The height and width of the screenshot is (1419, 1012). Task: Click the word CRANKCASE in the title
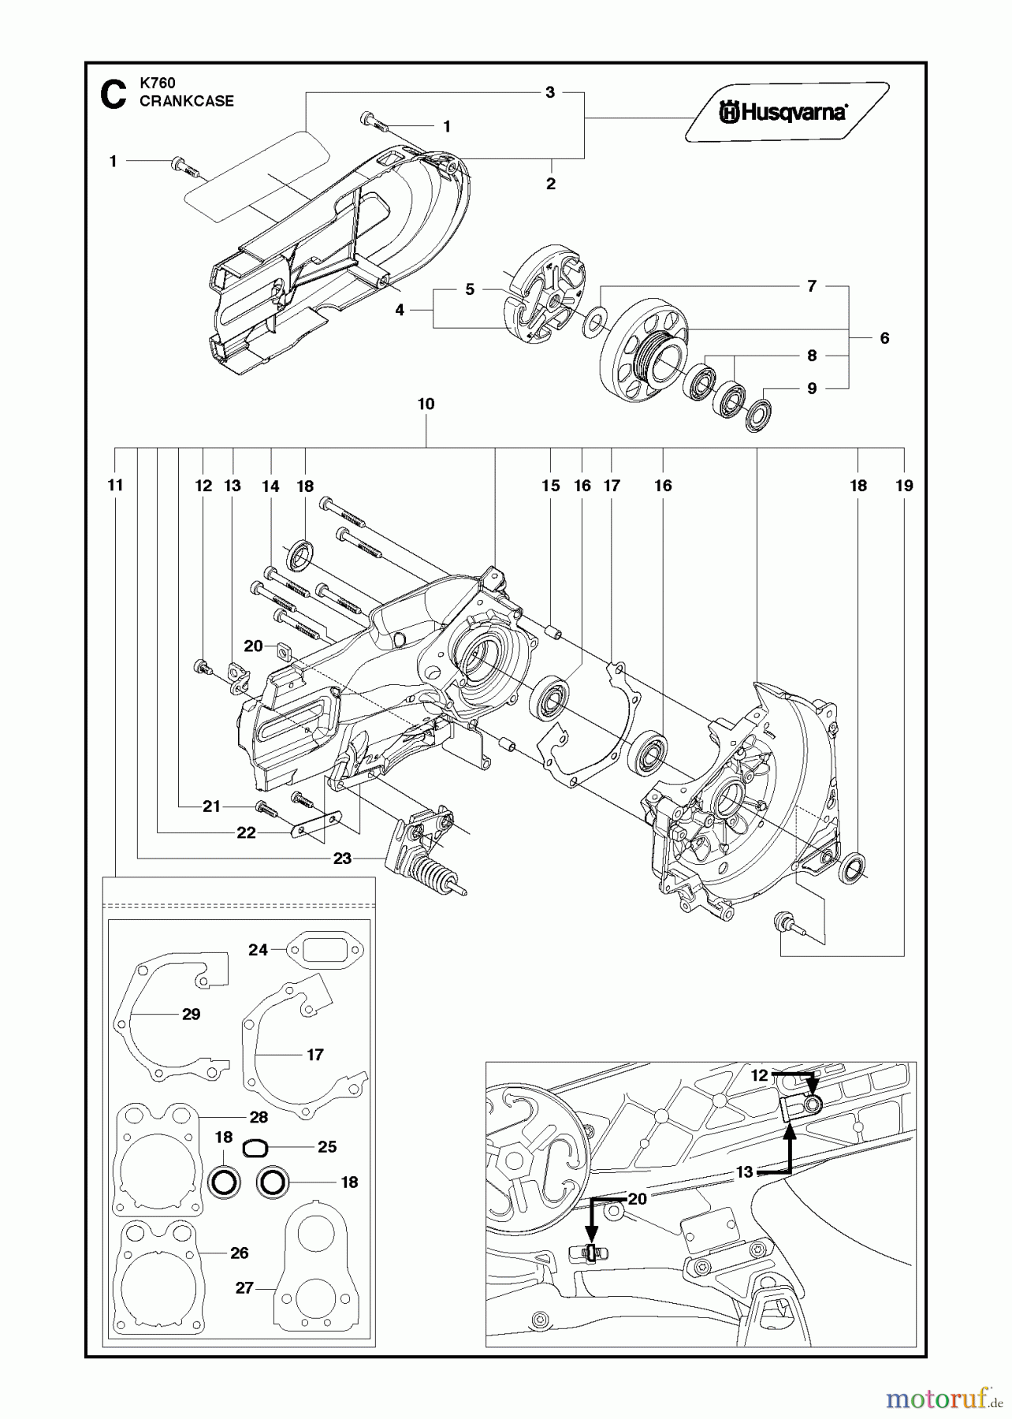pos(186,101)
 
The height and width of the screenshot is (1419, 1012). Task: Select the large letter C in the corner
pos(112,95)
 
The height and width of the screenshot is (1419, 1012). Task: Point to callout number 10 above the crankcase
pos(426,404)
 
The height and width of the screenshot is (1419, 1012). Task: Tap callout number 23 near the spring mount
pos(341,858)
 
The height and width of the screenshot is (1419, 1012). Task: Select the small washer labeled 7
pos(595,321)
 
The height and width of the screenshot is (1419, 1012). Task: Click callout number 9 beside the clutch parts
pos(812,388)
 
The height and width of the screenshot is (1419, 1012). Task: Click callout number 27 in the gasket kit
pos(244,1287)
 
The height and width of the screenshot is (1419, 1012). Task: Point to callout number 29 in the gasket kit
pos(191,1015)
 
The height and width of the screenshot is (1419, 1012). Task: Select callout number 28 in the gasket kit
pos(259,1117)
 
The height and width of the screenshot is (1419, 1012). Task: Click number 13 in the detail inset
pos(744,1172)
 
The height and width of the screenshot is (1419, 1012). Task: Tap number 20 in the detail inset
pos(637,1199)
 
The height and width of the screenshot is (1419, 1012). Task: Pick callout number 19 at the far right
pos(904,486)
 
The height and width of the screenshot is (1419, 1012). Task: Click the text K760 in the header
pos(157,83)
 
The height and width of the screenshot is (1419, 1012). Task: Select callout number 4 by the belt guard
pos(400,311)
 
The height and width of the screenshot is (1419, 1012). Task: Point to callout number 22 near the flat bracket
pos(246,832)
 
